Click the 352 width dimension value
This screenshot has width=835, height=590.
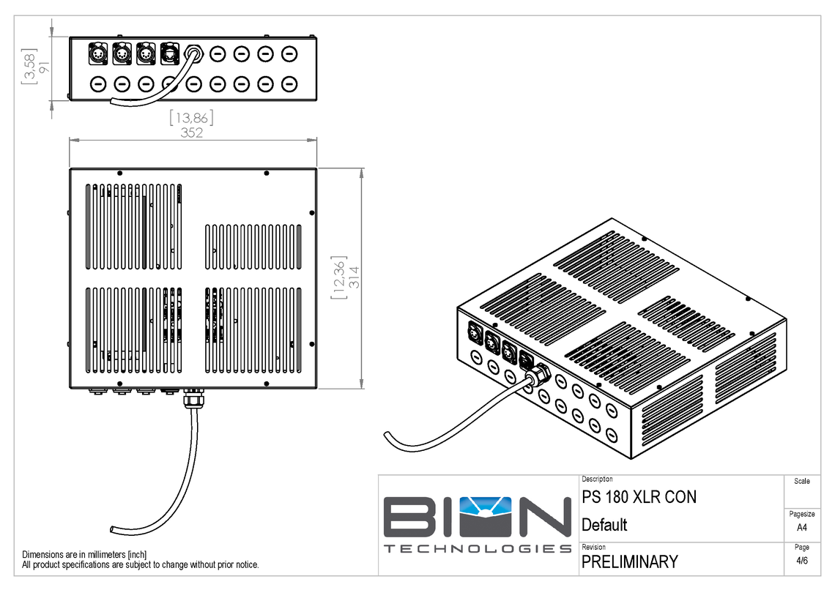tap(191, 132)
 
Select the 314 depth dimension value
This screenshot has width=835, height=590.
tap(353, 276)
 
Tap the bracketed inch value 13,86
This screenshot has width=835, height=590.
tap(191, 118)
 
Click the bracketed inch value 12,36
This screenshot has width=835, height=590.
tap(338, 277)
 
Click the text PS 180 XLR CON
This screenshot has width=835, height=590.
tap(639, 497)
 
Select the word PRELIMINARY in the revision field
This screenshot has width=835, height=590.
tap(629, 561)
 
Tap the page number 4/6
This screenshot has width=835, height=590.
tap(802, 561)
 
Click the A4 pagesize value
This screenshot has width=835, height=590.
tap(802, 527)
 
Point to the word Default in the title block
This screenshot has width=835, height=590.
tap(604, 525)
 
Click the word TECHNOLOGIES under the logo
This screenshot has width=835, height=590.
tap(478, 549)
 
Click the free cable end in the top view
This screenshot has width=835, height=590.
tap(111, 528)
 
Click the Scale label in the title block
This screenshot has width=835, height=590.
tap(802, 481)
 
